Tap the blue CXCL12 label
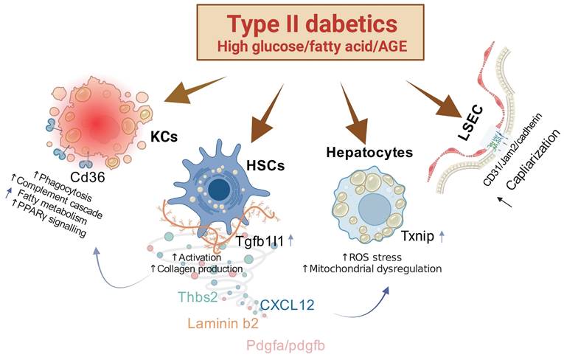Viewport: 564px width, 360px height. click(x=290, y=304)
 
